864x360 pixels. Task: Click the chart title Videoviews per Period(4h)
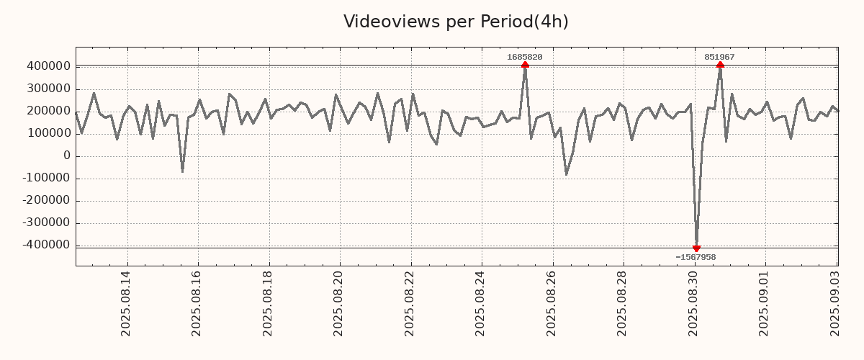point(456,22)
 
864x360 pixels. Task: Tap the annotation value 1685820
point(525,57)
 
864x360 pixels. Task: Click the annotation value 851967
point(719,57)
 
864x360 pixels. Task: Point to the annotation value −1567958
point(696,257)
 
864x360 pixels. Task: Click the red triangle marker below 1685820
point(525,65)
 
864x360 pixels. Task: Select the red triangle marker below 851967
point(720,65)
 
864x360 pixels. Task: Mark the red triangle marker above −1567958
point(696,248)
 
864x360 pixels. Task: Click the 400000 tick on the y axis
point(48,66)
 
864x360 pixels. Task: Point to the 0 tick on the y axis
point(67,156)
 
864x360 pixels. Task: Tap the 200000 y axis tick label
point(48,111)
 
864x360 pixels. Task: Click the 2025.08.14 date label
point(125,303)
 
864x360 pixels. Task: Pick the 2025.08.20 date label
point(339,303)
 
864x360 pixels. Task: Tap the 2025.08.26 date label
point(552,303)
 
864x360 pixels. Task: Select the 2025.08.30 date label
point(694,303)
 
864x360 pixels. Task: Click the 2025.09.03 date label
point(836,303)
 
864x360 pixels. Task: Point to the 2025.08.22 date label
point(410,303)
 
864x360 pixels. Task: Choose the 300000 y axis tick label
point(48,89)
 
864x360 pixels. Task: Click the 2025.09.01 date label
point(765,303)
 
